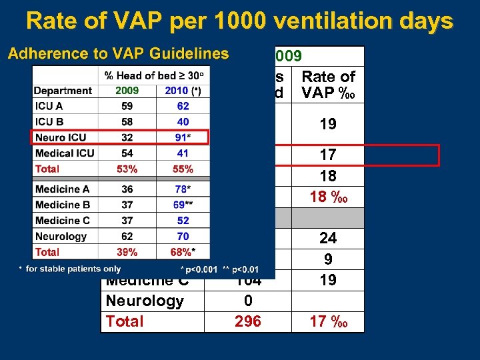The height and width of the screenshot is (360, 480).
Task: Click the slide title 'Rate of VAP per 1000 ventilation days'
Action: tap(239, 21)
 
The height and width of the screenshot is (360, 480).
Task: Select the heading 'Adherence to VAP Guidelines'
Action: tap(118, 54)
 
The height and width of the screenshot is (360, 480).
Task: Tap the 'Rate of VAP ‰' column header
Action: tap(328, 85)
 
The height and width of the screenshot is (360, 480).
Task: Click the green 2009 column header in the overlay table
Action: tap(127, 90)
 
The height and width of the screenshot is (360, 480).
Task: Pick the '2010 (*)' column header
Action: tap(183, 90)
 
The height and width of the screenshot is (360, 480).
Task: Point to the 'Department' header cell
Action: tap(63, 90)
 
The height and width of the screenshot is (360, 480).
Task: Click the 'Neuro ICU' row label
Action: tap(61, 137)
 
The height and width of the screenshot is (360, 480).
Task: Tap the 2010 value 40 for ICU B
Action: tap(183, 121)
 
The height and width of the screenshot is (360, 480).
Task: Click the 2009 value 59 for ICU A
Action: tap(127, 106)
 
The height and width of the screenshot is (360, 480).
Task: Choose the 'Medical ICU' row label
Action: tap(65, 153)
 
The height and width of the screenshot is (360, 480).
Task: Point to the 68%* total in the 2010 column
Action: tap(183, 252)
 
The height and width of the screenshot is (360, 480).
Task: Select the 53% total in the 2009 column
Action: tap(127, 169)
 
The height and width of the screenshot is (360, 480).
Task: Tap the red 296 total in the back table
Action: tap(247, 321)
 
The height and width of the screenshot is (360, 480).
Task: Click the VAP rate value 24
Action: tap(328, 238)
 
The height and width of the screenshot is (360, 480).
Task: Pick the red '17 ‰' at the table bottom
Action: tap(328, 321)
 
